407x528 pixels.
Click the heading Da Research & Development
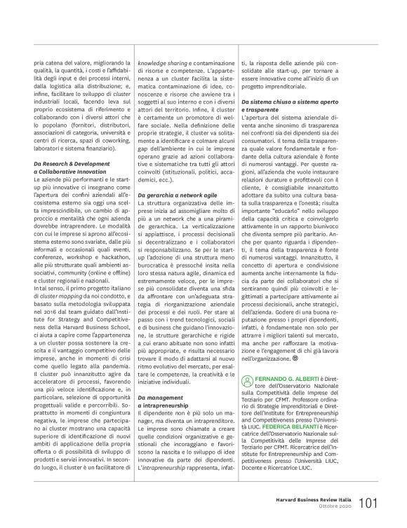(x=72, y=183)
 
